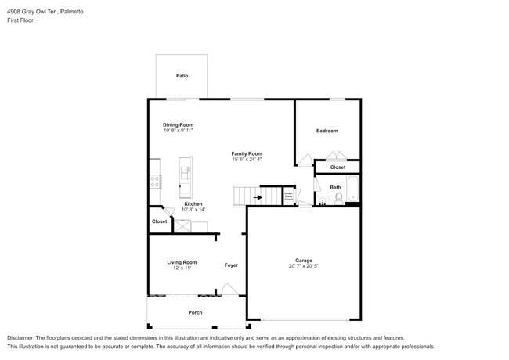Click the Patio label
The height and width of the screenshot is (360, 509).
[x=182, y=76]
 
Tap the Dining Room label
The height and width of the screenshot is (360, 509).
[x=178, y=125]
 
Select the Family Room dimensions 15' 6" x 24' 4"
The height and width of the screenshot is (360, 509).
[x=247, y=160]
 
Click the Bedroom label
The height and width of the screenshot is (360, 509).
[x=327, y=130]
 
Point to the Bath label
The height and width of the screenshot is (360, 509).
[x=335, y=187]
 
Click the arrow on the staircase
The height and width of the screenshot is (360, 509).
[x=258, y=198]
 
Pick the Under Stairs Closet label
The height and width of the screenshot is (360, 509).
[x=288, y=196]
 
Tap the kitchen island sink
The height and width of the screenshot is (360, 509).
[x=186, y=169]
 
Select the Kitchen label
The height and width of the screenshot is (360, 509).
[x=193, y=204]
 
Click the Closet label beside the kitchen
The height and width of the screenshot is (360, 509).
[x=159, y=221]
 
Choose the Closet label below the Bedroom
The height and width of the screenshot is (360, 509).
[x=338, y=167]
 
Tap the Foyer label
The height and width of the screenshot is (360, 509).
[x=231, y=265]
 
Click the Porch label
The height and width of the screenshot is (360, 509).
[x=195, y=312]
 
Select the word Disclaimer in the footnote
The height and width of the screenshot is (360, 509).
[x=21, y=337]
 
